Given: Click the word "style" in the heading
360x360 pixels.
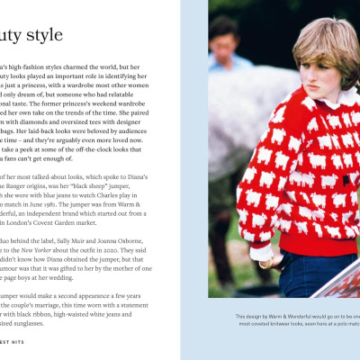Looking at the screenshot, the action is click(x=41, y=36).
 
